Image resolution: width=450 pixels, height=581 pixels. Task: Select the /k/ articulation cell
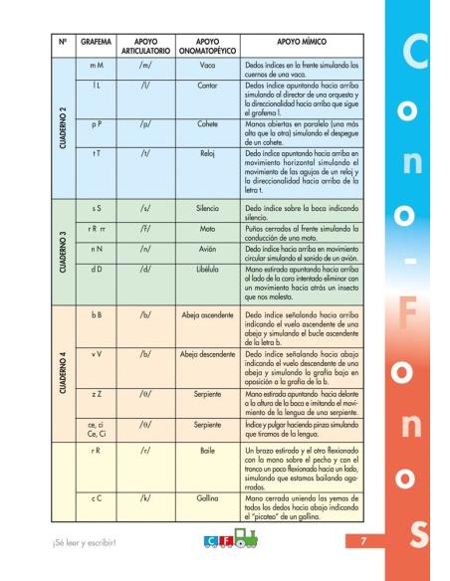(138, 496)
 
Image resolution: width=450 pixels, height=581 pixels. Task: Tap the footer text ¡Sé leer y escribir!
(87, 542)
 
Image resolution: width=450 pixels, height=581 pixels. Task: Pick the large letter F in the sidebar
(406, 311)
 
